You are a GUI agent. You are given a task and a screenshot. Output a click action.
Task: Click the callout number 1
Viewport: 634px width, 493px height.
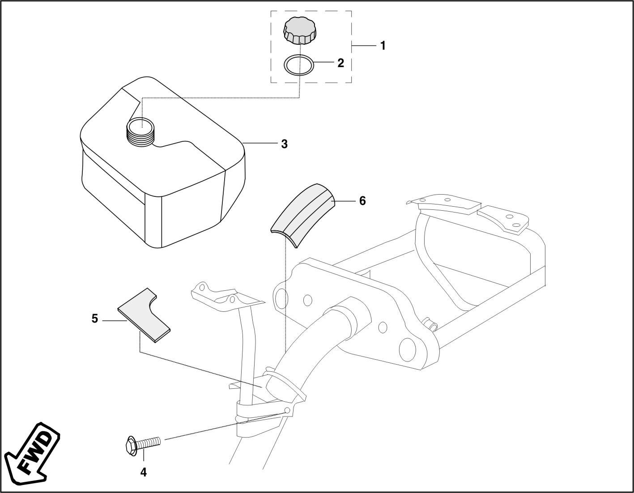[x=383, y=46]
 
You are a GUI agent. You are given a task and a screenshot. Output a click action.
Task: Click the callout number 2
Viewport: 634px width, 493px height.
[x=340, y=63]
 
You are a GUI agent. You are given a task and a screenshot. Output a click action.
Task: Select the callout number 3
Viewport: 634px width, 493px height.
[x=284, y=144]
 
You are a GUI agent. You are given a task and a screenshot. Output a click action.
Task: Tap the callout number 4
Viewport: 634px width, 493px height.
[x=143, y=472]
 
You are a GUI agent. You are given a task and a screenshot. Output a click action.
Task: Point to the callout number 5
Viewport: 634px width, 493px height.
[x=94, y=319]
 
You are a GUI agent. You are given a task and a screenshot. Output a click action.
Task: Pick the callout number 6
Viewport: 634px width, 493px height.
[x=362, y=201]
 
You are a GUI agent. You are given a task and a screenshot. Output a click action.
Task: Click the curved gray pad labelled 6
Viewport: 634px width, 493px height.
[x=302, y=215]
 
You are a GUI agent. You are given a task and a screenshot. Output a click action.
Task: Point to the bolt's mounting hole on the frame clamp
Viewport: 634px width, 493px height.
[x=287, y=411]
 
